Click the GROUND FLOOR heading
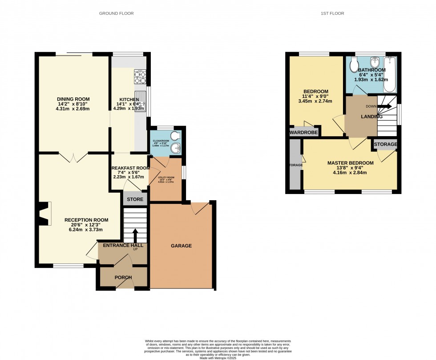(116, 13)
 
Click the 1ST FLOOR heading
(332, 13)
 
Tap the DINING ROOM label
(73, 99)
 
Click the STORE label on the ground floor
(135, 199)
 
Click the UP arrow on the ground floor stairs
(135, 235)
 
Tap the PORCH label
(123, 278)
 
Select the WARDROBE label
(303, 133)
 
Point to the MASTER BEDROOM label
(350, 163)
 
